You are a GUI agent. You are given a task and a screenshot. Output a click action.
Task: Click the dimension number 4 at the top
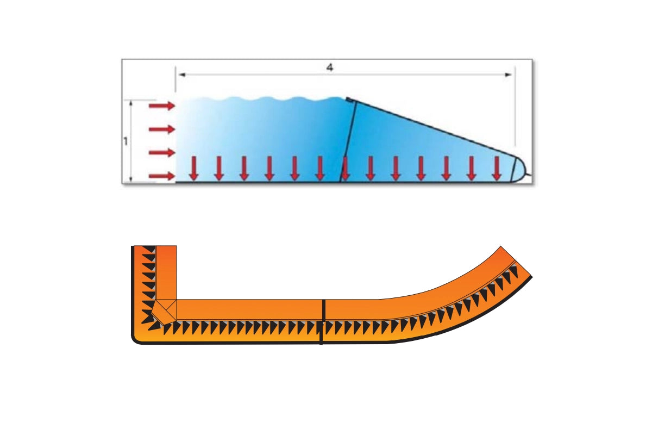click(x=329, y=67)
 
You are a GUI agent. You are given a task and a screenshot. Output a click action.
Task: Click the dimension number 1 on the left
click(x=126, y=141)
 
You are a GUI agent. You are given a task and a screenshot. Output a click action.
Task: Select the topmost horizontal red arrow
click(x=162, y=105)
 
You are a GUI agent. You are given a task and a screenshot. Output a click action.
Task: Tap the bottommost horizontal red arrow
click(x=162, y=176)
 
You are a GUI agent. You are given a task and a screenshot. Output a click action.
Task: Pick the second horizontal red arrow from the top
click(x=162, y=129)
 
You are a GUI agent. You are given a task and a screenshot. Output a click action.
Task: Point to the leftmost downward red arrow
click(x=193, y=168)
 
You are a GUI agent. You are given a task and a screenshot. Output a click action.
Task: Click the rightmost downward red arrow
click(x=497, y=168)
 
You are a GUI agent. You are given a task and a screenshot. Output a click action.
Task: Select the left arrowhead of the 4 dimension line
click(x=182, y=75)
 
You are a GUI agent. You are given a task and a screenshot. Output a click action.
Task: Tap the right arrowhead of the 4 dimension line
click(x=508, y=75)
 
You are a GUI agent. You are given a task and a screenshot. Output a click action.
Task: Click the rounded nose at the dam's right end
click(x=520, y=170)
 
